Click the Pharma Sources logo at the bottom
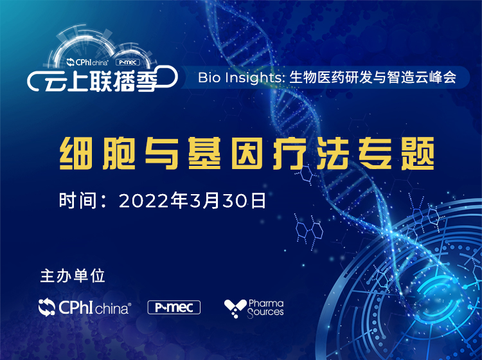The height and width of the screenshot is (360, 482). pos(254,309)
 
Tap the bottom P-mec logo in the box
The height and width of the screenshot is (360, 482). pos(174,307)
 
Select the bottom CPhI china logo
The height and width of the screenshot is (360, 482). pos(85,307)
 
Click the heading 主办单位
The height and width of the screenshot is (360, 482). pos(73,276)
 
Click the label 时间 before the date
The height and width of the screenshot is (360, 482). pos(78,201)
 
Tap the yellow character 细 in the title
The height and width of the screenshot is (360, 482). pos(76,154)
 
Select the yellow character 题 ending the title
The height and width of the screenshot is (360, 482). pos(418,154)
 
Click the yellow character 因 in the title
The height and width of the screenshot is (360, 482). pos(247,154)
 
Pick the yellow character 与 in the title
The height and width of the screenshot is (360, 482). pos(162,154)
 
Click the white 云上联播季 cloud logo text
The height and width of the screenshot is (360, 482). pos(101,82)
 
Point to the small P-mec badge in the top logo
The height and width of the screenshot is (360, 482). pos(128,62)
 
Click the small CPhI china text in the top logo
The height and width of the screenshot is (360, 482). pos(87,62)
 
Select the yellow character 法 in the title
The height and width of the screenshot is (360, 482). pos(333,154)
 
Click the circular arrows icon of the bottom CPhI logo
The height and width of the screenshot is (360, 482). pos(47,307)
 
